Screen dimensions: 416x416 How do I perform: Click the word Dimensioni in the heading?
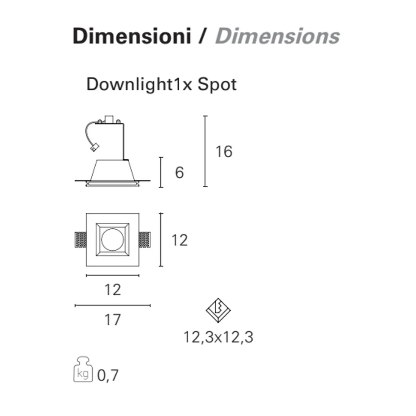[x=132, y=36]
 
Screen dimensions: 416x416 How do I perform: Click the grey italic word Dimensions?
[x=278, y=36]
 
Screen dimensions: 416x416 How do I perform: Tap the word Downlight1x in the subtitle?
[x=139, y=85]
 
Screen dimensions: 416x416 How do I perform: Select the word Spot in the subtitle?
[x=217, y=85]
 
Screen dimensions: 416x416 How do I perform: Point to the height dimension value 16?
[x=224, y=152]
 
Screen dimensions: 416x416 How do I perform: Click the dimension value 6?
[x=179, y=172]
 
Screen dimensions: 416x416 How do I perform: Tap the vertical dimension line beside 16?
[x=205, y=151]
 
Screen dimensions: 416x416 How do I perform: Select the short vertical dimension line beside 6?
[x=161, y=172]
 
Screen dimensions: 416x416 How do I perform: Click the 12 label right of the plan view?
[x=180, y=240]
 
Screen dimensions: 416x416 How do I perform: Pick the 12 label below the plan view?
[x=113, y=289]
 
